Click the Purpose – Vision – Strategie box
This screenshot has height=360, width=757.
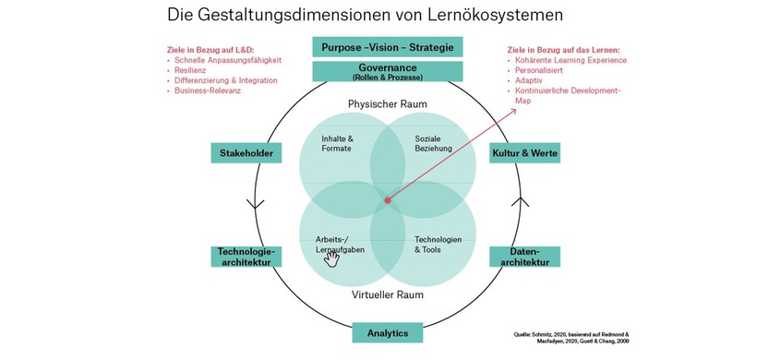tap(387, 46)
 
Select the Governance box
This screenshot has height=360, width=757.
tap(387, 71)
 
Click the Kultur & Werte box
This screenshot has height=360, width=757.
tap(524, 152)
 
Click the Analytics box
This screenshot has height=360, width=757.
tap(387, 332)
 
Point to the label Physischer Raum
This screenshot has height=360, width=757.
tap(387, 104)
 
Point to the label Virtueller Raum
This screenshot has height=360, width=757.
tap(387, 295)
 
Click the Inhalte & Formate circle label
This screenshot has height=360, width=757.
tap(336, 143)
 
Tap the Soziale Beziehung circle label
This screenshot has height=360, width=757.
tap(435, 143)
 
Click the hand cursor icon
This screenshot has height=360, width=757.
tap(330, 258)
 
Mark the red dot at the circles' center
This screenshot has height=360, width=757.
tap(387, 198)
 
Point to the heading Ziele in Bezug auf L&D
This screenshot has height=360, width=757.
tap(210, 49)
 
